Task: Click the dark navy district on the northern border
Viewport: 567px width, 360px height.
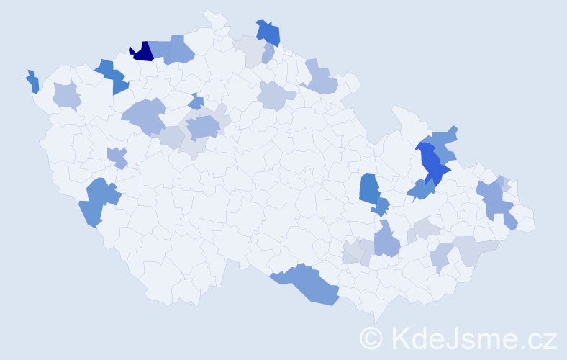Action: (x=142, y=52)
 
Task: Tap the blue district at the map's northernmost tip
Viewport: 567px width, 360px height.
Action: (x=268, y=32)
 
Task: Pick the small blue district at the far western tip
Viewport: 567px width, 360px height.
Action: (x=32, y=82)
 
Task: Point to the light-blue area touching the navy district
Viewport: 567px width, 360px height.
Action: (x=173, y=50)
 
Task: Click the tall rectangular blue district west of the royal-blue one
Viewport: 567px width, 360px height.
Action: (x=369, y=189)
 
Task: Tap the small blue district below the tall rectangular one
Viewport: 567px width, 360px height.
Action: (x=380, y=207)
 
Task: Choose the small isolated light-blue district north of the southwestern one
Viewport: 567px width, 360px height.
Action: (x=117, y=156)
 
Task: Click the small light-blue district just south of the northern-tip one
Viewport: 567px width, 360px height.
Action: (x=268, y=54)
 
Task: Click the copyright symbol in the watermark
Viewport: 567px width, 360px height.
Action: (x=373, y=338)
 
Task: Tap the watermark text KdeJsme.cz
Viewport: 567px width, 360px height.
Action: (x=472, y=338)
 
